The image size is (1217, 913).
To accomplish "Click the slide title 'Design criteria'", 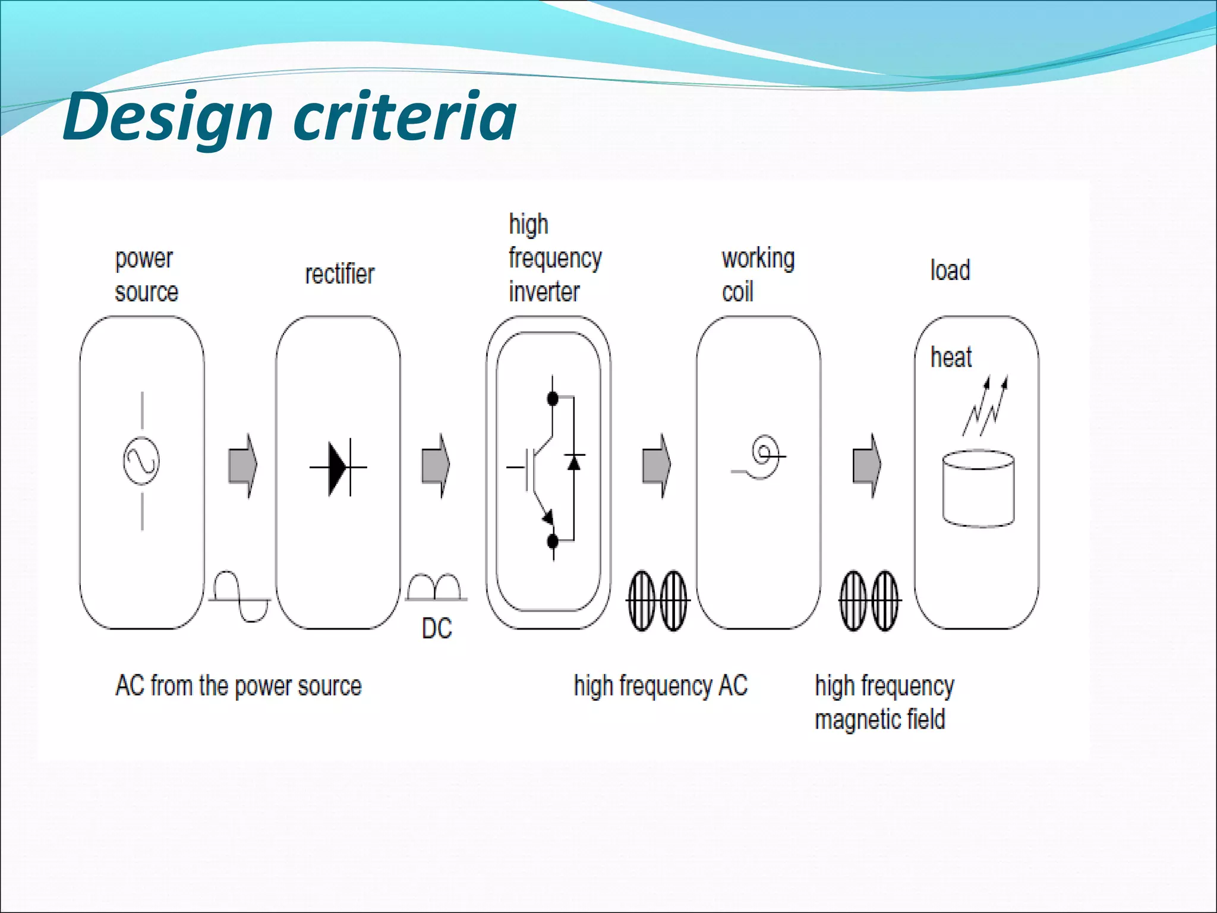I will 289,118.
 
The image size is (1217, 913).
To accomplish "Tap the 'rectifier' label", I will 339,275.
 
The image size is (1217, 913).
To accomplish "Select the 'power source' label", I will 146,276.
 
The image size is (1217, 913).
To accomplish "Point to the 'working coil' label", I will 758,275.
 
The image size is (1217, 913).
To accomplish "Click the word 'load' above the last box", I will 950,270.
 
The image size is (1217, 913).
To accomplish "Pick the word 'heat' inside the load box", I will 951,358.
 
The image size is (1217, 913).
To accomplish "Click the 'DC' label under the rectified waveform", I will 437,628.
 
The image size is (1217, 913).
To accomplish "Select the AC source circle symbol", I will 141,461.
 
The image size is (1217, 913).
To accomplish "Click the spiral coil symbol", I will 763,456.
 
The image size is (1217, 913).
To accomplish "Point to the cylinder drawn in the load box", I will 978,489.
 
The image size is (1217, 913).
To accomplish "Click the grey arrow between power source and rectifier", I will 242,465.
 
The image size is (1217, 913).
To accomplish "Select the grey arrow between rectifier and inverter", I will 436,465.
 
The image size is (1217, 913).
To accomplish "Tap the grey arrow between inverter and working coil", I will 656,465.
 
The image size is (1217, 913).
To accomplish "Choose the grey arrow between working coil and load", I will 867,465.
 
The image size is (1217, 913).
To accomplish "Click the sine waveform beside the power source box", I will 239,597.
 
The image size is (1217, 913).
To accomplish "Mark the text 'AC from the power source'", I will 238,686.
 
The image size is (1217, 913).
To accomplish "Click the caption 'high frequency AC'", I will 660,686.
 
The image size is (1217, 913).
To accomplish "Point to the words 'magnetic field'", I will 879,719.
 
